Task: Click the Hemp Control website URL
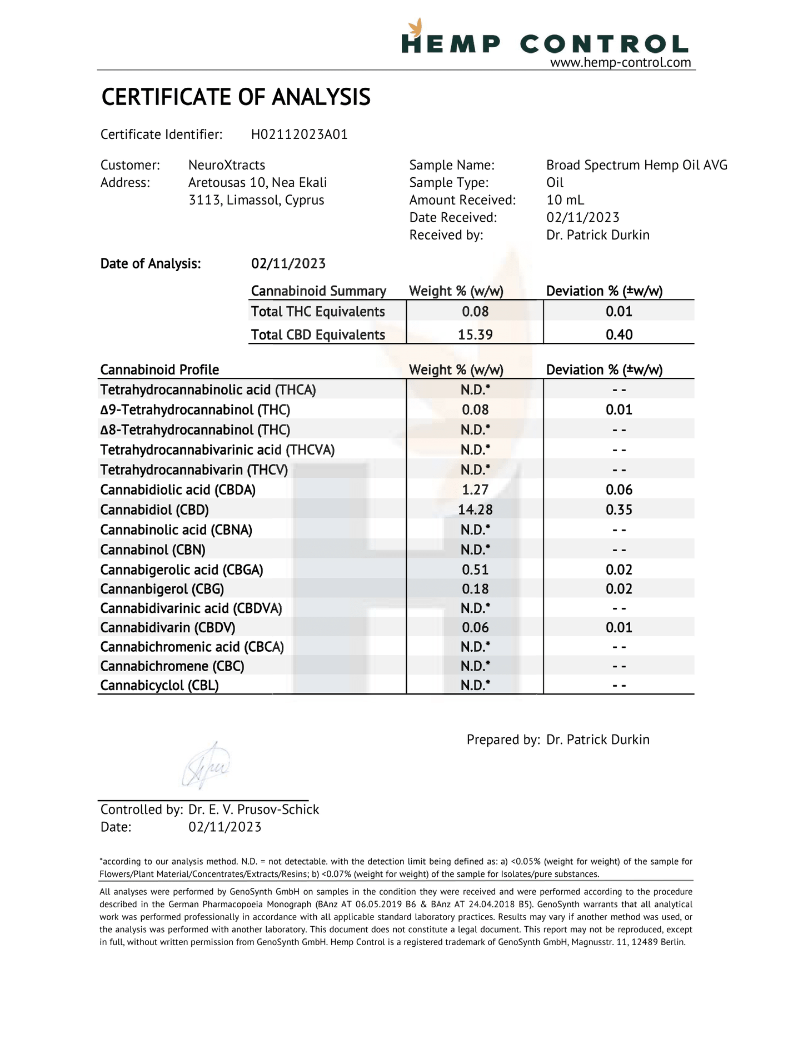pos(620,63)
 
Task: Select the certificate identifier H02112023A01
pos(299,134)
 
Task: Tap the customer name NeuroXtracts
pos(227,165)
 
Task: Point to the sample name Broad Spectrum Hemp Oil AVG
pos(636,165)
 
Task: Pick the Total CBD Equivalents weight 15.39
pos(475,334)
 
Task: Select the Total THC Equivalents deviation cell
pos(619,311)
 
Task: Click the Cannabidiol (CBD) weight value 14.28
pos(475,509)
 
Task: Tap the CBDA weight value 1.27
pos(475,489)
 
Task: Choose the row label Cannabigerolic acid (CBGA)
pos(182,570)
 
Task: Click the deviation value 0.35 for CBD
pos(619,509)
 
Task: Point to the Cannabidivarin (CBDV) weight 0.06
pos(475,627)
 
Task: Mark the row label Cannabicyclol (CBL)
pos(159,685)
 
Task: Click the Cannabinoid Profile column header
pos(159,370)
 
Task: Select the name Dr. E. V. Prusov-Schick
pos(253,810)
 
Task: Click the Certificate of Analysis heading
pos(236,97)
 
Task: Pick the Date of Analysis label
pos(151,263)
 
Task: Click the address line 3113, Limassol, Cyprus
pos(256,200)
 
